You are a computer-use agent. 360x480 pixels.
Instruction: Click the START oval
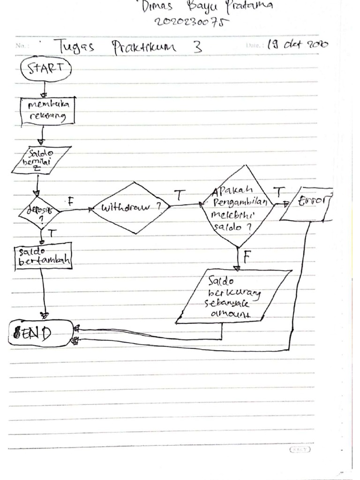pyautogui.click(x=46, y=69)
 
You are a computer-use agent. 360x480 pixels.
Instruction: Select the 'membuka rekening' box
pyautogui.click(x=48, y=111)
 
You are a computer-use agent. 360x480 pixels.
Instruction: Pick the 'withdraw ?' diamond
pyautogui.click(x=130, y=207)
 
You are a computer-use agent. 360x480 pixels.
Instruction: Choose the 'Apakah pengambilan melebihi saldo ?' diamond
pyautogui.click(x=237, y=206)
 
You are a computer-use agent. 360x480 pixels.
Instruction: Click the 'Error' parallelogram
pyautogui.click(x=307, y=204)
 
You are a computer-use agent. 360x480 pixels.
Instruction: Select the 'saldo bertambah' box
pyautogui.click(x=43, y=256)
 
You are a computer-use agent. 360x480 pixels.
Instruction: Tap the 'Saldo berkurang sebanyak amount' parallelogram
pyautogui.click(x=234, y=296)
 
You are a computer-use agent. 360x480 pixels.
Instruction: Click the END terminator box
pyautogui.click(x=41, y=333)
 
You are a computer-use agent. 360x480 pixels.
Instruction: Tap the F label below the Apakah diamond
pyautogui.click(x=247, y=256)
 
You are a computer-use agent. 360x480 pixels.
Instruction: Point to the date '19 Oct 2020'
pyautogui.click(x=297, y=45)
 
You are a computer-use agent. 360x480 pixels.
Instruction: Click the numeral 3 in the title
pyautogui.click(x=198, y=47)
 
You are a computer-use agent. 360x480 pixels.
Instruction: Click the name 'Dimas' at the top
pyautogui.click(x=157, y=7)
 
